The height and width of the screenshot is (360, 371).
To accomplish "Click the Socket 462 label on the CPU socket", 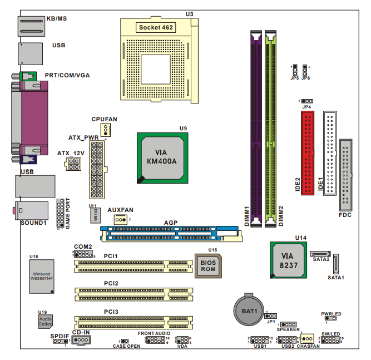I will tap(156, 26).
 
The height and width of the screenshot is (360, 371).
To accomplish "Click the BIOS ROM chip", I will tap(208, 264).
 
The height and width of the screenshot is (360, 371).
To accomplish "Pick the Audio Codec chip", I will tap(45, 319).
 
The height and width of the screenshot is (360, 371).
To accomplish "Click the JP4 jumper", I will tap(306, 101).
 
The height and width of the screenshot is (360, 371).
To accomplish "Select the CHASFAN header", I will tap(308, 339).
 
